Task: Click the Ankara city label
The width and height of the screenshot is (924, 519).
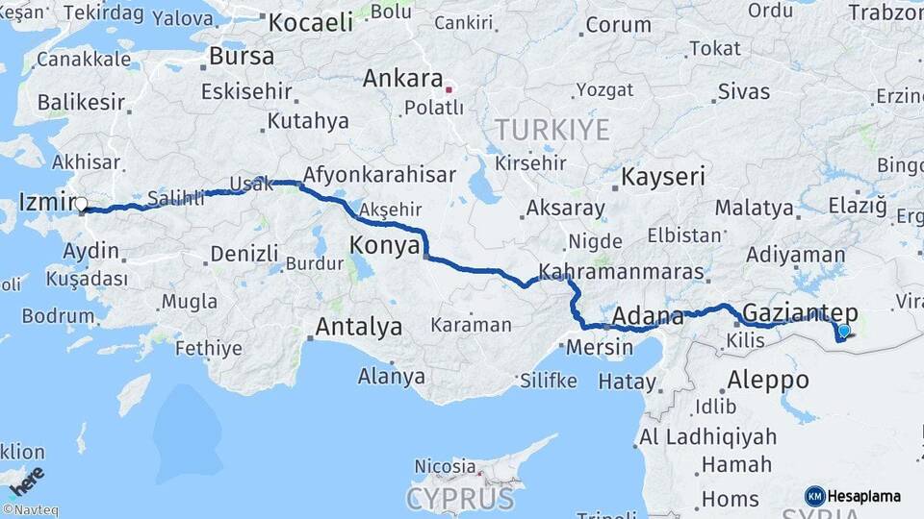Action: pos(401,79)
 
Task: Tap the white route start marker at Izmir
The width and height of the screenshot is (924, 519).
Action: pos(81,205)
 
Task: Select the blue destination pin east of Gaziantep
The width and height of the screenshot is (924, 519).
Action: pos(844,332)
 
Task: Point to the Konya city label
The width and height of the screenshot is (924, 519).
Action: pos(384,245)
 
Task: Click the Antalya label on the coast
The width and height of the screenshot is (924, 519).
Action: pos(359,327)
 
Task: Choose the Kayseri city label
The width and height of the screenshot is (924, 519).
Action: pos(663,177)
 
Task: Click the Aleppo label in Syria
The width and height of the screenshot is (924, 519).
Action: pos(768,379)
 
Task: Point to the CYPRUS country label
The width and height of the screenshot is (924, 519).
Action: pos(460,499)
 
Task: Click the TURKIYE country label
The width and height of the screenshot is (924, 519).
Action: pos(552,130)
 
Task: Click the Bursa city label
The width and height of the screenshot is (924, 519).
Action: pos(242,57)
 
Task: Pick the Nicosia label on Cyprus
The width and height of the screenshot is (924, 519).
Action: pos(445,466)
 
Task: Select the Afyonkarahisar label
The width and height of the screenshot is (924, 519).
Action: pos(378,175)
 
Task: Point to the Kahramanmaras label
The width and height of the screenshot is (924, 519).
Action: pos(621,271)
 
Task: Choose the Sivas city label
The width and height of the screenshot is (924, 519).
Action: pos(744,92)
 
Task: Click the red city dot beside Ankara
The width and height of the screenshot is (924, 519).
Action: pos(448,92)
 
